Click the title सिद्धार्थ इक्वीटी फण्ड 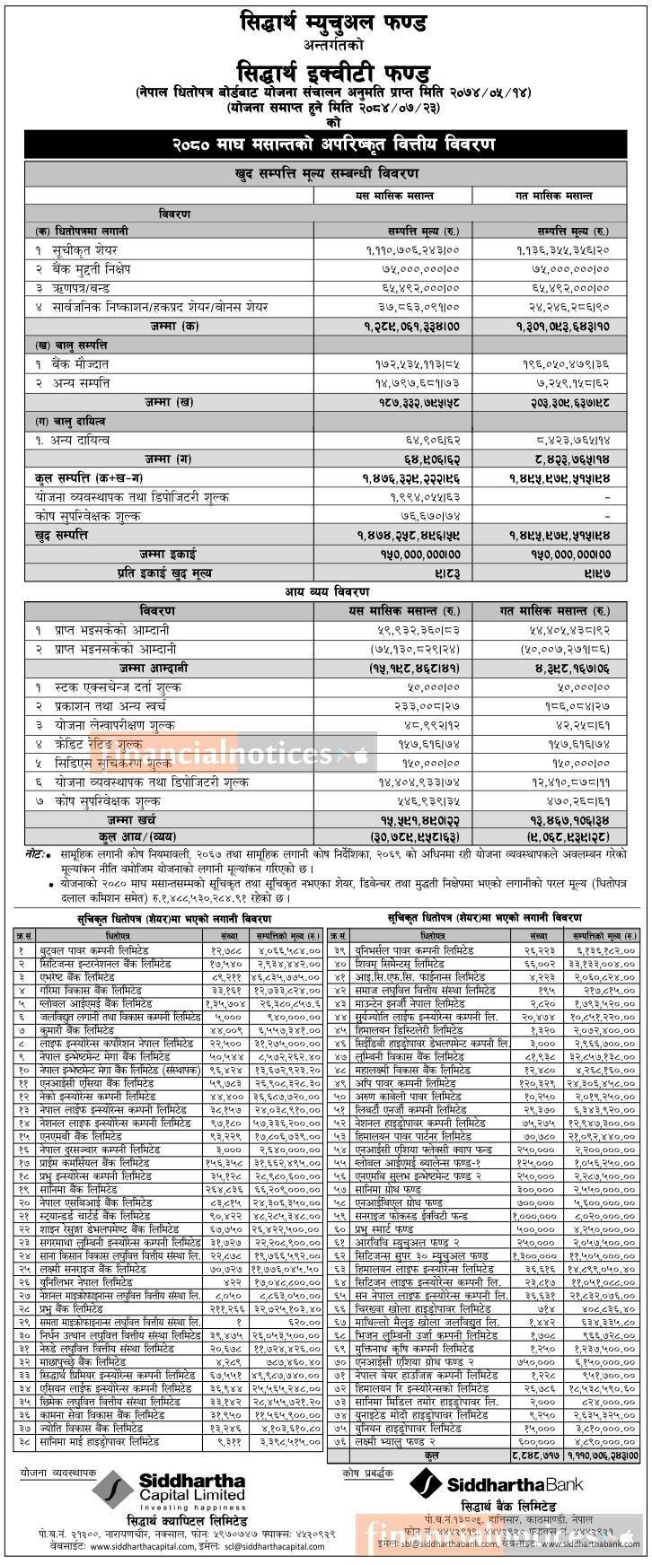coord(326,71)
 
